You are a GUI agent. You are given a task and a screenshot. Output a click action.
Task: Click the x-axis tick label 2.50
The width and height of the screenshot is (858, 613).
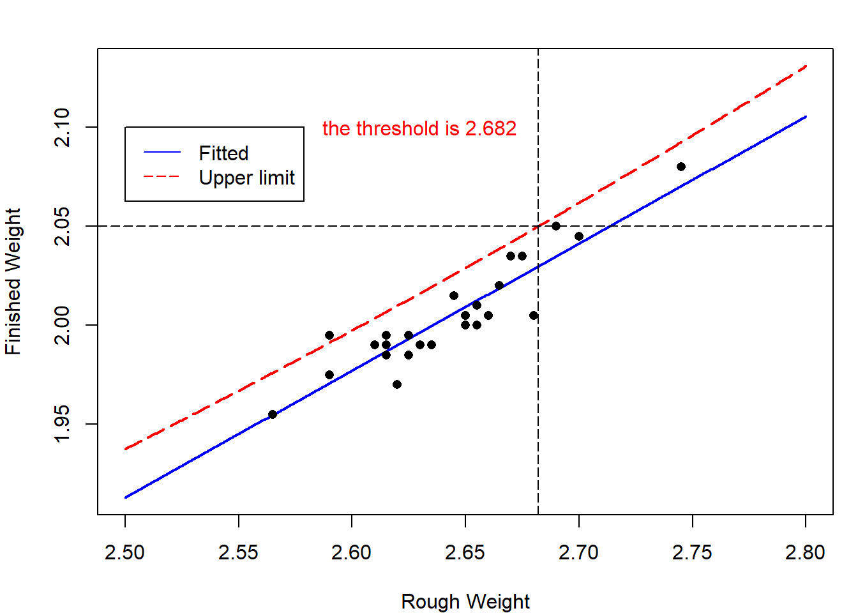pos(124,552)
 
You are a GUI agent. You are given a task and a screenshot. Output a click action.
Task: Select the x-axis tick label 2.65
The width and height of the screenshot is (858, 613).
pos(465,552)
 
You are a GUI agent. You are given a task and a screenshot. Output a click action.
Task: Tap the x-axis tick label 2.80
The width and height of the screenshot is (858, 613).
pos(805,552)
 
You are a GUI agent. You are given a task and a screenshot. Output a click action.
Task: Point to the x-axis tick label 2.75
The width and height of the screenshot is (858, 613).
pos(692,552)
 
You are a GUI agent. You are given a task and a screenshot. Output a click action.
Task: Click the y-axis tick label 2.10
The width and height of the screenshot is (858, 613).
pos(62,127)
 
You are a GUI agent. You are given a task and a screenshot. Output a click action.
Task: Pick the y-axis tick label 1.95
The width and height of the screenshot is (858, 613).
pos(62,424)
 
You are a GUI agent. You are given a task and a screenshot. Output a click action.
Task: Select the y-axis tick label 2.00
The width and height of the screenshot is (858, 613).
pos(62,325)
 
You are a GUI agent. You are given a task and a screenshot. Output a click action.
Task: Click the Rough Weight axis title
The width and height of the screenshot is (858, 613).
pos(465,602)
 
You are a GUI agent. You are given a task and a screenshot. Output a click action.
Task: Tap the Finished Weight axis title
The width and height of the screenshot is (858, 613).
pos(13,281)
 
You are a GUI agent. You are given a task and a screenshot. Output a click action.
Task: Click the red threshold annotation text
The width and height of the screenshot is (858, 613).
pos(419,128)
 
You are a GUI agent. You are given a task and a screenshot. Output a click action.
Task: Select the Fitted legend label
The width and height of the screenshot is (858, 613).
pos(223,153)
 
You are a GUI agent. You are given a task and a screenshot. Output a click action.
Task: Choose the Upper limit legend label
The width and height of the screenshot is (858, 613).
pos(246,178)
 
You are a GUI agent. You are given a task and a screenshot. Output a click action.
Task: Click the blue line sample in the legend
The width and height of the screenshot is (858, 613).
pos(162,153)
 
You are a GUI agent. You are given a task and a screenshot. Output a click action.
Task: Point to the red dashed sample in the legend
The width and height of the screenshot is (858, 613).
pos(162,177)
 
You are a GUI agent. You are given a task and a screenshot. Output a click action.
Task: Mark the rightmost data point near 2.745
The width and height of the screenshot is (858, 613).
pos(681,167)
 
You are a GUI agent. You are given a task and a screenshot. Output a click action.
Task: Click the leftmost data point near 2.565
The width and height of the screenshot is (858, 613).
pos(273,414)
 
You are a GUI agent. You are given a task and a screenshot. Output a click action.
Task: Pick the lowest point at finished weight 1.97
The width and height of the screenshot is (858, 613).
pos(397,384)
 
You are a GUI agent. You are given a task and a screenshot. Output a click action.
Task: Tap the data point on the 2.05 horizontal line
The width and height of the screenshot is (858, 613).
pos(556,226)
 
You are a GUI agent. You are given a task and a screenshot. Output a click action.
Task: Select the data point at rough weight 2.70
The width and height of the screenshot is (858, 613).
pos(579,236)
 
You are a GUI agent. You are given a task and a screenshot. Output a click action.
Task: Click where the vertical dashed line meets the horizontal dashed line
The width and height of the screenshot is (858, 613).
pos(538,226)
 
